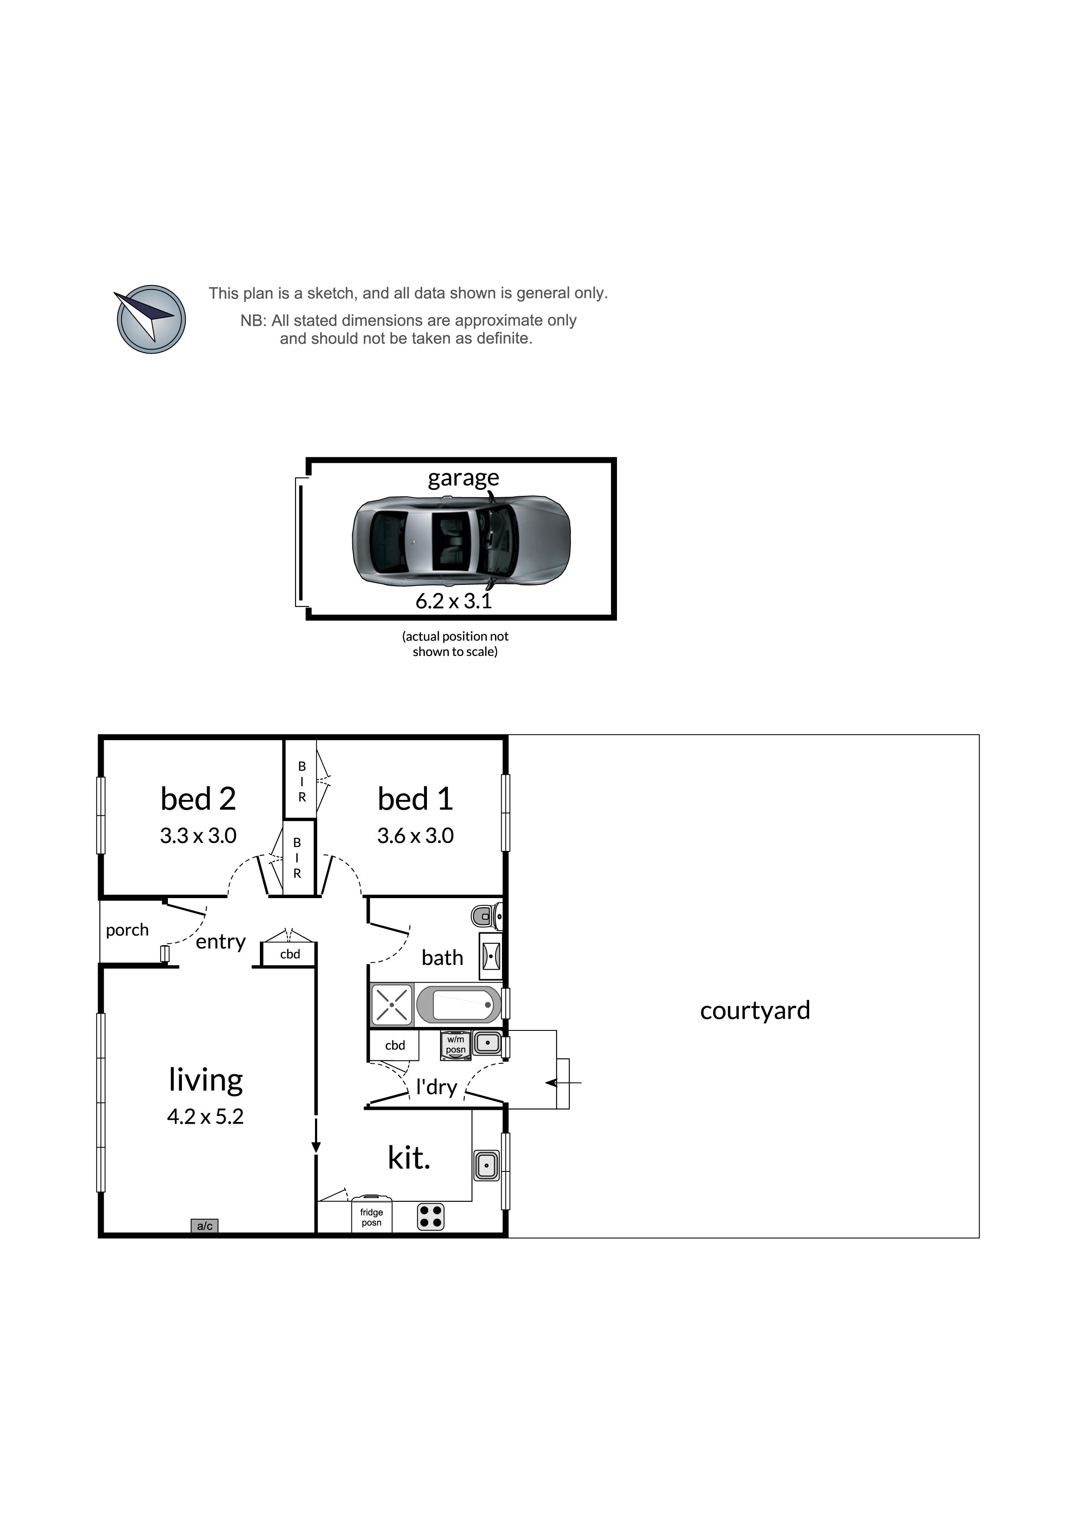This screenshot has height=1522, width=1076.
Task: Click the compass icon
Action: tap(151, 319)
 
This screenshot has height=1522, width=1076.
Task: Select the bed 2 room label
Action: tap(198, 798)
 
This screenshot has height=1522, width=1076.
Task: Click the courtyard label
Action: tap(755, 1011)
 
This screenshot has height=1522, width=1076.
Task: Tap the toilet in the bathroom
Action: tap(487, 916)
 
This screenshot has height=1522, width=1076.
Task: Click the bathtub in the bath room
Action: tap(459, 1005)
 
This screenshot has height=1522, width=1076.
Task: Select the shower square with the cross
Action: tap(392, 1005)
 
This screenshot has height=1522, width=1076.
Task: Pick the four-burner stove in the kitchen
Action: tap(430, 1217)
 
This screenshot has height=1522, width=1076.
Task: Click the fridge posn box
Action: tap(371, 1215)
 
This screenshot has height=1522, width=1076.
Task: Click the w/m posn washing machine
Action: tap(456, 1045)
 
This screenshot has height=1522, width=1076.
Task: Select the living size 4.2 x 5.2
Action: tap(206, 1116)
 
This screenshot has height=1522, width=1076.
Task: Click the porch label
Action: tap(127, 930)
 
